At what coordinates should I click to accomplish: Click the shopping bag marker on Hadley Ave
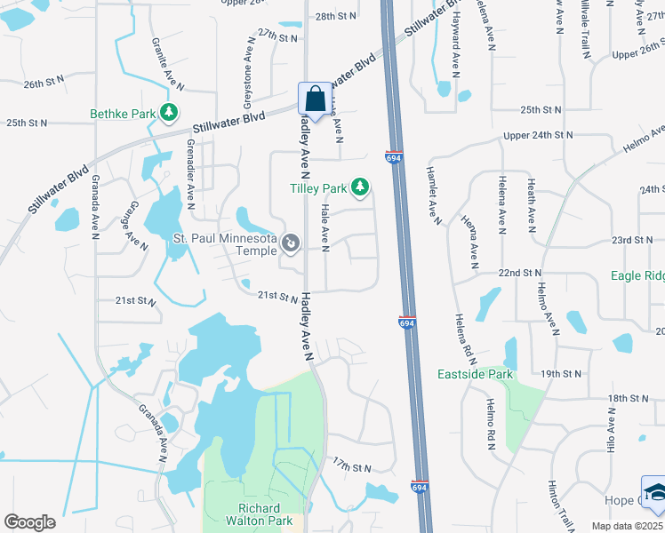(x=313, y=99)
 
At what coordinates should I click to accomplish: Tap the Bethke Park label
(x=122, y=114)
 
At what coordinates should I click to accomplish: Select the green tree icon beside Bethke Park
(x=166, y=113)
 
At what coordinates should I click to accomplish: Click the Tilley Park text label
(x=318, y=187)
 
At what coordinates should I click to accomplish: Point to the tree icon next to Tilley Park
(x=360, y=187)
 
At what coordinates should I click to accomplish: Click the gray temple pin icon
(x=290, y=243)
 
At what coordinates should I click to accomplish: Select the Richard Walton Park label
(x=259, y=514)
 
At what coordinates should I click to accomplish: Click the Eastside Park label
(x=476, y=374)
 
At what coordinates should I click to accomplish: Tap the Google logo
(x=29, y=522)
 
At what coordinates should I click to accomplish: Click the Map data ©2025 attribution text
(x=628, y=527)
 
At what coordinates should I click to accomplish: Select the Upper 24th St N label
(x=538, y=136)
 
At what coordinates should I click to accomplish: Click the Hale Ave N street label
(x=324, y=227)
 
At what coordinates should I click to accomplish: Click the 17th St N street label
(x=350, y=466)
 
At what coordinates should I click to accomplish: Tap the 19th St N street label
(x=564, y=375)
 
